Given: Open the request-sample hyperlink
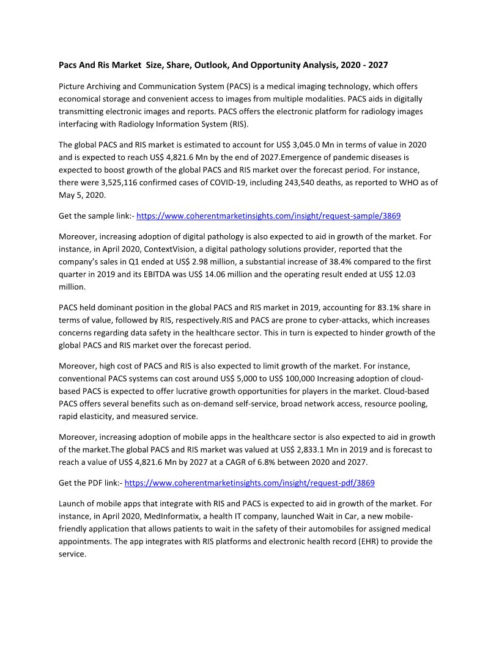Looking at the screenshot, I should (268, 216).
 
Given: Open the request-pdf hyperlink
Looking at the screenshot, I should (250, 483).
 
